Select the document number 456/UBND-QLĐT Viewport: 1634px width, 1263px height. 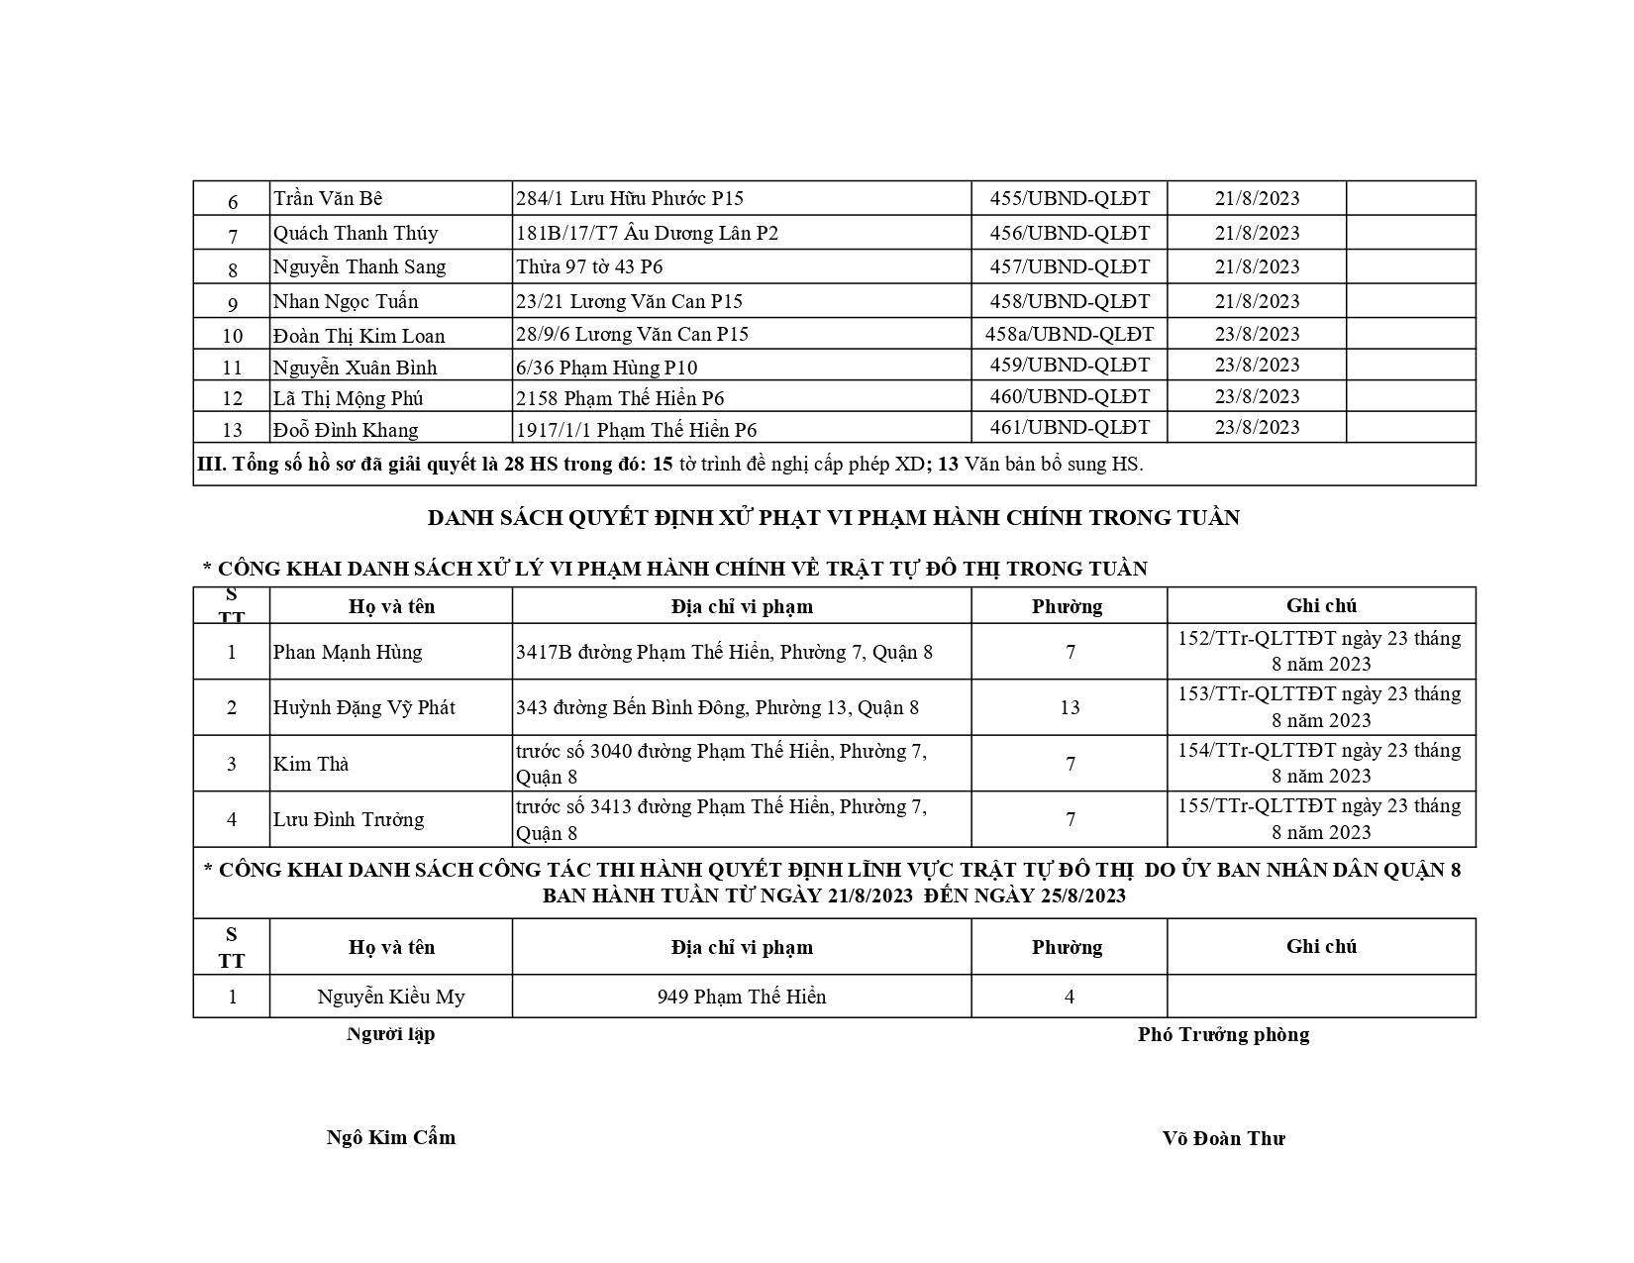(x=1070, y=233)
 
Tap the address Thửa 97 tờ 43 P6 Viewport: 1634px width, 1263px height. (x=589, y=266)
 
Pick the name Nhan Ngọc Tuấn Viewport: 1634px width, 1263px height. (x=346, y=301)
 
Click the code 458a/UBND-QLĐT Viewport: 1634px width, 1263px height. (x=1070, y=334)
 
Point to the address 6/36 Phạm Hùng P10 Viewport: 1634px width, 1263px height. (x=606, y=368)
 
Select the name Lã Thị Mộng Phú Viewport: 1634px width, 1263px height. (x=348, y=398)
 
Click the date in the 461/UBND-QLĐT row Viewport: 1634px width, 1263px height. (x=1257, y=427)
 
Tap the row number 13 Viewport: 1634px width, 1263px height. (x=232, y=430)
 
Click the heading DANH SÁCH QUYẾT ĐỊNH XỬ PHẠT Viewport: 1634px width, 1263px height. (x=833, y=517)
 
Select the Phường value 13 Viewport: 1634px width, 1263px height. (x=1070, y=707)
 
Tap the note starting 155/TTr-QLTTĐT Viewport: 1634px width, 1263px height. (x=1320, y=818)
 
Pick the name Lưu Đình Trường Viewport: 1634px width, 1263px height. (x=348, y=819)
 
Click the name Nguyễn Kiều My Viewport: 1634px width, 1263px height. (x=390, y=997)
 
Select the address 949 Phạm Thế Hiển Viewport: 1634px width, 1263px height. (x=742, y=997)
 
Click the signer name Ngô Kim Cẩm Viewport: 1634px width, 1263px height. (x=391, y=1137)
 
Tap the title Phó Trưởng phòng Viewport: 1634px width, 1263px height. (x=1223, y=1034)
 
